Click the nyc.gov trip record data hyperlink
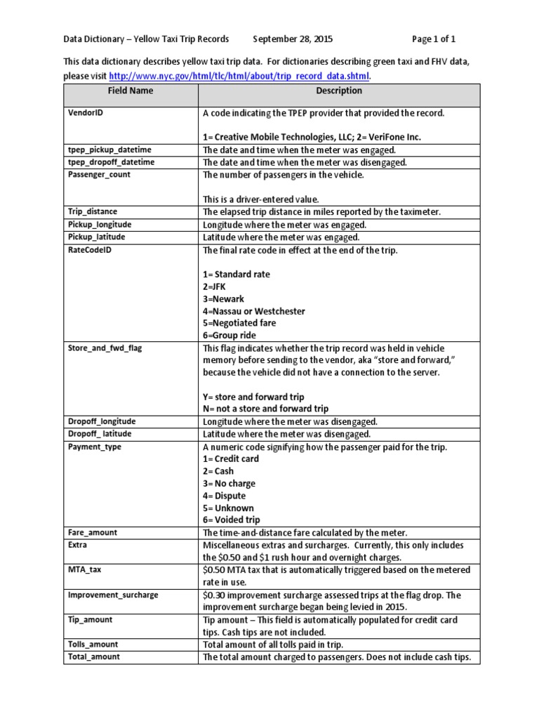[x=240, y=76]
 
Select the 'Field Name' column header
[x=130, y=91]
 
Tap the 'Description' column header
[x=339, y=91]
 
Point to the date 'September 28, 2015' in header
[x=293, y=39]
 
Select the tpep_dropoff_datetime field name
[x=111, y=162]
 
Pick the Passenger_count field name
[x=99, y=175]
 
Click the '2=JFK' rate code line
[x=215, y=286]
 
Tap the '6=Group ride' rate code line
[x=229, y=335]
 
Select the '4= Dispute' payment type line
[x=225, y=496]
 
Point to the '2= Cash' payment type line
[x=218, y=471]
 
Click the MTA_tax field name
[x=85, y=569]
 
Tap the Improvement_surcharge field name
[x=113, y=595]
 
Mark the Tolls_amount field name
[x=93, y=644]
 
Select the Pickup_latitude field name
[x=96, y=237]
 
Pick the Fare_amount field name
[x=93, y=533]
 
